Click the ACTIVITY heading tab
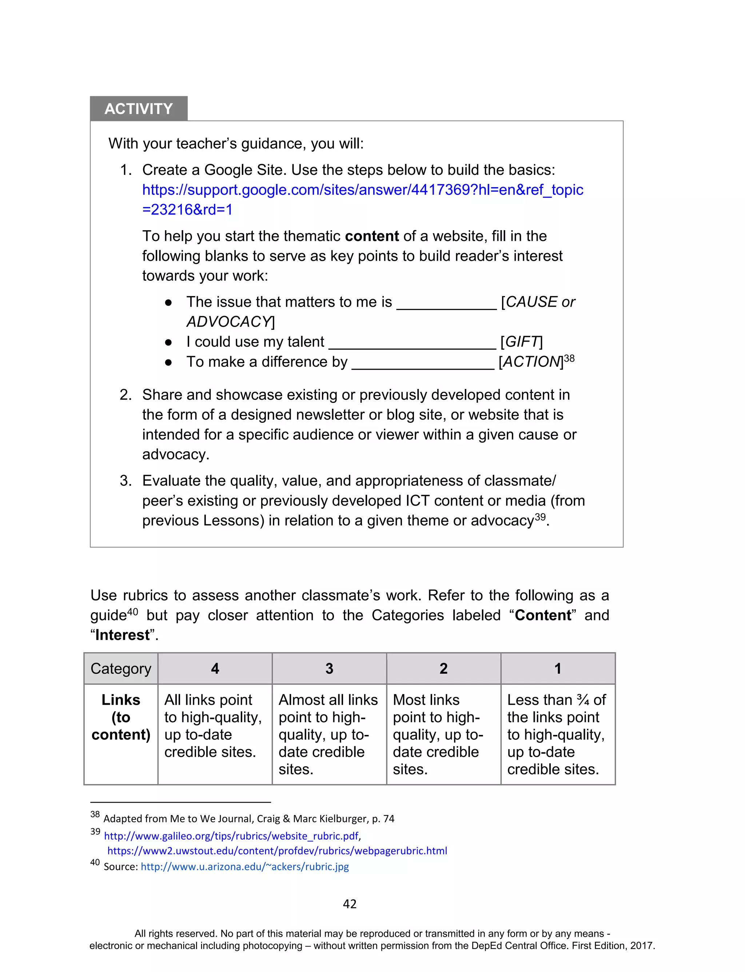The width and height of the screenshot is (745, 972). coord(138,109)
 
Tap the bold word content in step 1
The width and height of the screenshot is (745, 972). coord(372,236)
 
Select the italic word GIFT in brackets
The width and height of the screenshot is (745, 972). coord(521,342)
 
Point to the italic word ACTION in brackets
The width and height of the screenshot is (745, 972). coord(531,362)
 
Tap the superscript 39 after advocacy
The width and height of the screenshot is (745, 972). coord(540,517)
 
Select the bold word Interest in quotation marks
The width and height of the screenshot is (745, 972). coord(122,635)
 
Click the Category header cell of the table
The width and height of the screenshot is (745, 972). coord(121,668)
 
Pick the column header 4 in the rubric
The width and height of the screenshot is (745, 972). coord(215,668)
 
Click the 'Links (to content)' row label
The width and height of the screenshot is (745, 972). coord(121,717)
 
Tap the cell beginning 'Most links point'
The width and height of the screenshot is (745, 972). coord(443,734)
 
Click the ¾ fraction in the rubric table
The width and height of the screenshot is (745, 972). coord(583,700)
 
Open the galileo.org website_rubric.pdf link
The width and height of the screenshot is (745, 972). coord(231,836)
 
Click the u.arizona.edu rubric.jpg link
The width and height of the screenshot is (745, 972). coord(245,866)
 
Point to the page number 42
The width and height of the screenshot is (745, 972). coord(350,904)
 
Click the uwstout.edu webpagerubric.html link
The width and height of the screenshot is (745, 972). coord(277,851)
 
